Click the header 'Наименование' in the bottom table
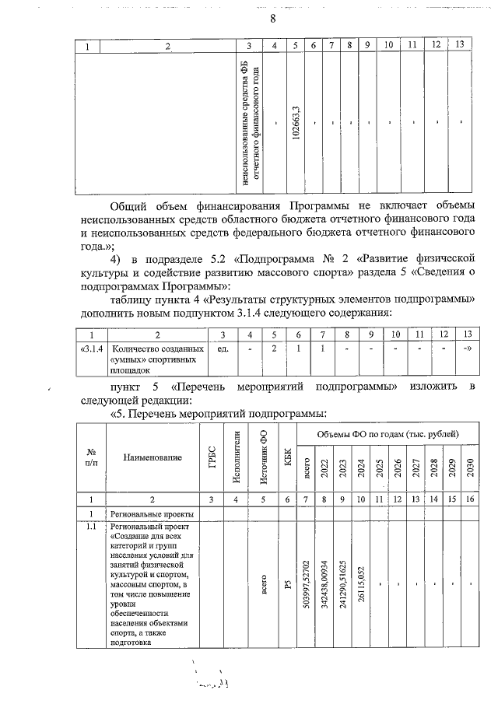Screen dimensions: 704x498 click(152, 457)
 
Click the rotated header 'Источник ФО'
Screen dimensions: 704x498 click(263, 457)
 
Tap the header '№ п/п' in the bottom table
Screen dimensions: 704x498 click(90, 457)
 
